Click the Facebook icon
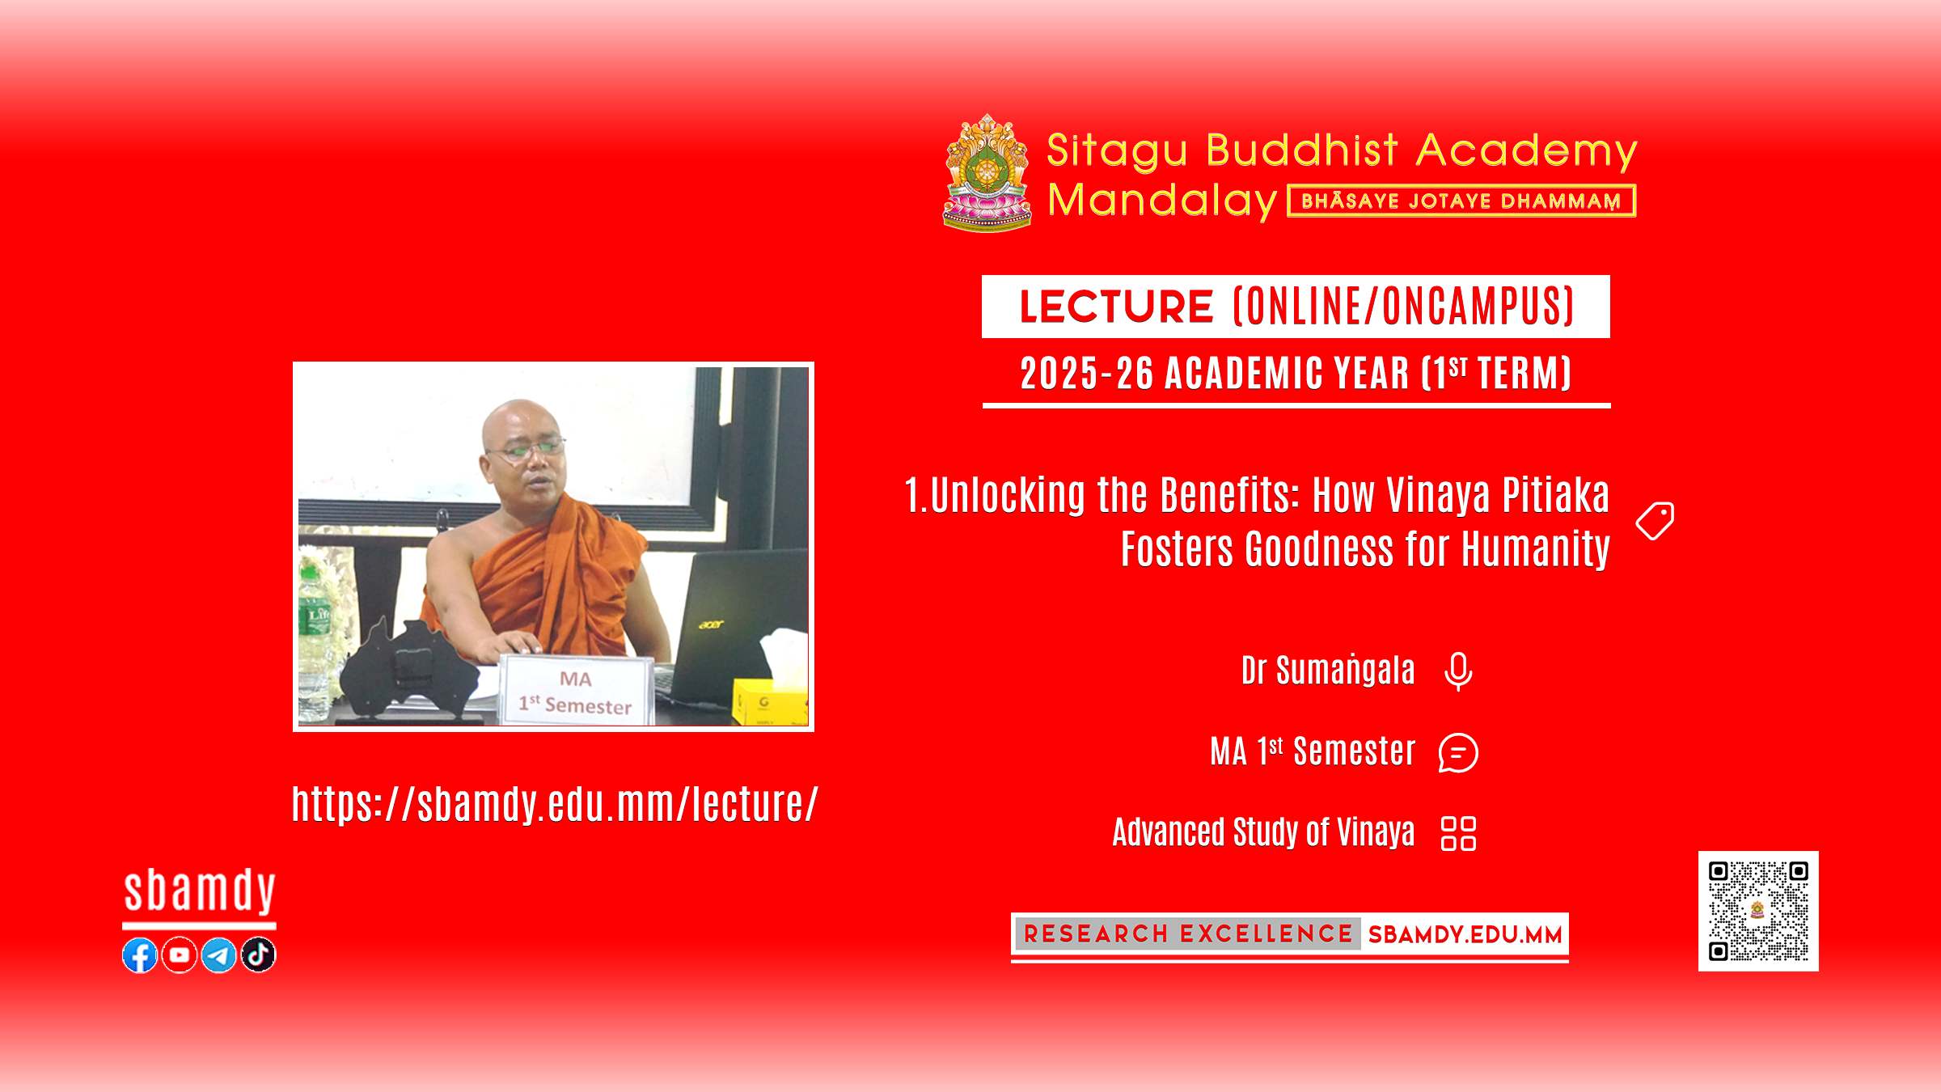(140, 955)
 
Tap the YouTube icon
(180, 955)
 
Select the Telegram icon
(219, 955)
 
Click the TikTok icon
(259, 955)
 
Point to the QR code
(1758, 911)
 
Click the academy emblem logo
(987, 172)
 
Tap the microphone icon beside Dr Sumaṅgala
(1458, 671)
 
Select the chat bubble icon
(1458, 753)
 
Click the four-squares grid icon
(1459, 833)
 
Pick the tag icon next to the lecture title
(1655, 521)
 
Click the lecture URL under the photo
(555, 804)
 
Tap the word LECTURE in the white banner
(1116, 307)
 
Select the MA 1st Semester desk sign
(576, 689)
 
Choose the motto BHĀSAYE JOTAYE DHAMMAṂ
(1461, 201)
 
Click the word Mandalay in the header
(1162, 200)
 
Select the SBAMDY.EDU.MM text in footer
(1465, 935)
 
